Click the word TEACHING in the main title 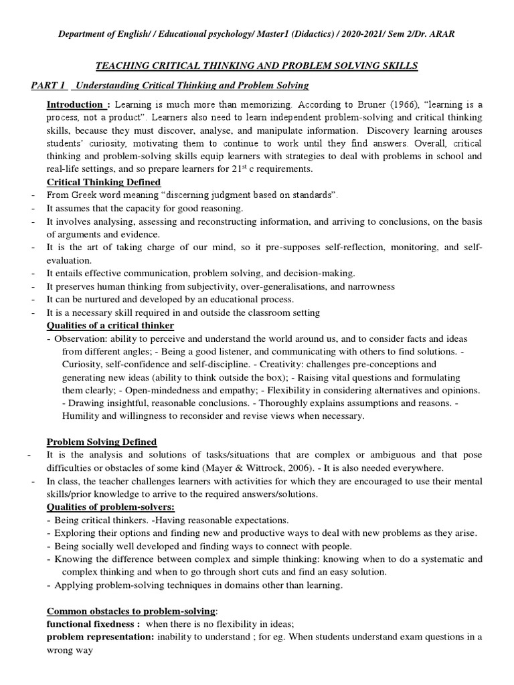pos(124,65)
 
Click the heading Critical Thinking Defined pos(103,182)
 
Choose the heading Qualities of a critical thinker pos(110,326)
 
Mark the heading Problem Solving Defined pos(102,442)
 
